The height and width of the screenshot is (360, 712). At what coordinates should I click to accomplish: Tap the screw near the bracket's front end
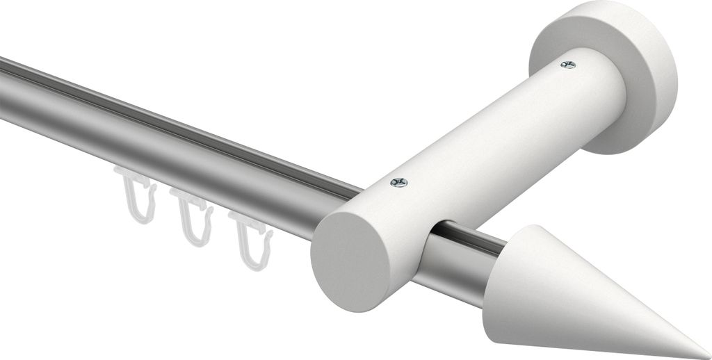tap(399, 182)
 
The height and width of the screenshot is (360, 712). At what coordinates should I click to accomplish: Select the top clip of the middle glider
tap(195, 203)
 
